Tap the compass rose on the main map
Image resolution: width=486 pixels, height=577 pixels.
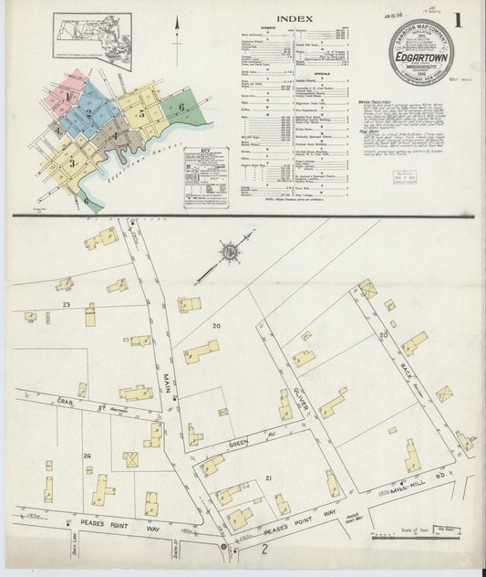[231, 250]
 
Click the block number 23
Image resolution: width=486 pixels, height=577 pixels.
[67, 303]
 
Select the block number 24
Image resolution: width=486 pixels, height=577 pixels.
[87, 455]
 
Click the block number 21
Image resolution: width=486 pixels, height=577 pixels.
[269, 478]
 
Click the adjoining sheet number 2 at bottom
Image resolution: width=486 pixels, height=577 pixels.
[264, 548]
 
